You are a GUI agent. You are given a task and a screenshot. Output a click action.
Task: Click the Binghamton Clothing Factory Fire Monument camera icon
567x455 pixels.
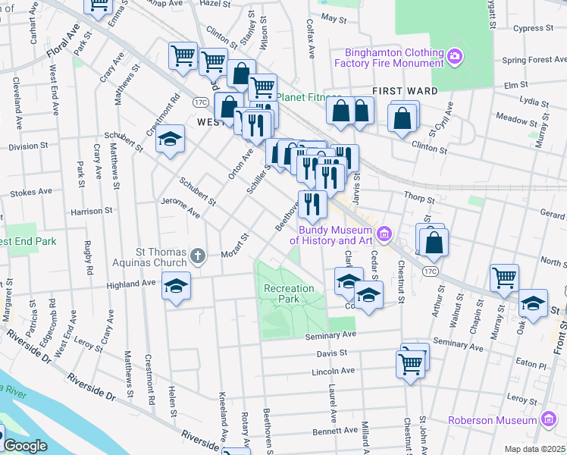tap(454, 55)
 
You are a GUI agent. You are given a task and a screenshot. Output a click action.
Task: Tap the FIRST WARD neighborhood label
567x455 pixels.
tap(406, 91)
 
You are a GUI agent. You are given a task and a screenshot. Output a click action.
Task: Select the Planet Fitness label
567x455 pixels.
tap(304, 97)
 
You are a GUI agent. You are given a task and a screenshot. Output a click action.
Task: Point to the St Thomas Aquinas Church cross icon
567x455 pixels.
tap(198, 256)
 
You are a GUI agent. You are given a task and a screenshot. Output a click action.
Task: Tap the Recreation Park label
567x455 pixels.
tap(289, 293)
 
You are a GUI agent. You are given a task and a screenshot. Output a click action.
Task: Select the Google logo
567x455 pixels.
tap(24, 446)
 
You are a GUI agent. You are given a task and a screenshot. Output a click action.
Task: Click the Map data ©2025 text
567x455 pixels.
tap(534, 449)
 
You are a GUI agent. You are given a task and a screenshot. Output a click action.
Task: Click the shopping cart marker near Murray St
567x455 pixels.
tap(504, 278)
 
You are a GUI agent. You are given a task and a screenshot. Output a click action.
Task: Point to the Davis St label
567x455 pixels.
tap(332, 353)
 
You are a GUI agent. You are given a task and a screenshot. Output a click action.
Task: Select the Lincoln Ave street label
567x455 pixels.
tap(334, 372)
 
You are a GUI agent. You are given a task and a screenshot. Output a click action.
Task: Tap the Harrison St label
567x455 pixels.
tap(92, 211)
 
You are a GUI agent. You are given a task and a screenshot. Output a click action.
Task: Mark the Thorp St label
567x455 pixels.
tap(419, 199)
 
